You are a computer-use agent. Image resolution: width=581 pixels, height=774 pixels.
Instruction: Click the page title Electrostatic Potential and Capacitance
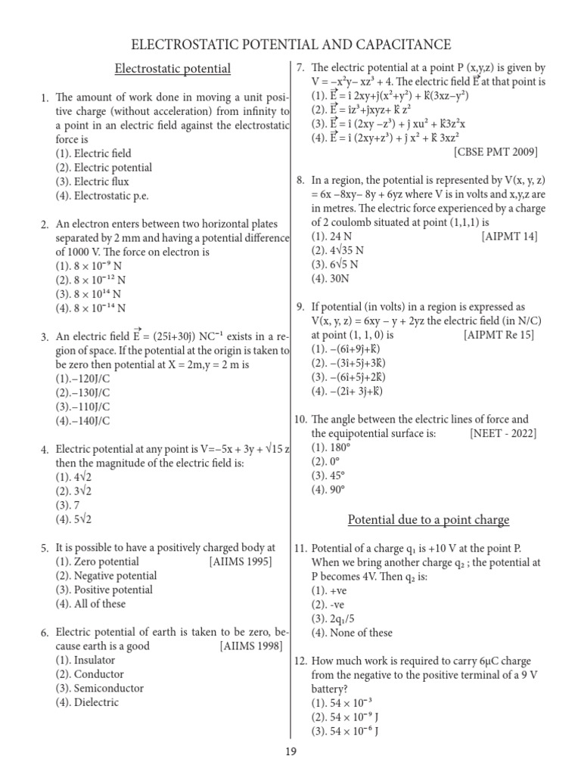click(x=291, y=45)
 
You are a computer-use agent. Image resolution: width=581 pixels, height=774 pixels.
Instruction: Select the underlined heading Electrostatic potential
click(x=172, y=70)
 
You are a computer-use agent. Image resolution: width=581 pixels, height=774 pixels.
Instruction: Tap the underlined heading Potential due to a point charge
click(x=428, y=520)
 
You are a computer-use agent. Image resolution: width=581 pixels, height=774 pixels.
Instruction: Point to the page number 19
click(x=291, y=751)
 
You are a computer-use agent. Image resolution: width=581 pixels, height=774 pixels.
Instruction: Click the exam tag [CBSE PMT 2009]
click(x=496, y=152)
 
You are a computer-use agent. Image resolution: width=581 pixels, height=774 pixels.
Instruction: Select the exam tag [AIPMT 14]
click(x=509, y=237)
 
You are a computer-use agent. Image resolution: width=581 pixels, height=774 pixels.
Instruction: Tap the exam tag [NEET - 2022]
click(x=502, y=433)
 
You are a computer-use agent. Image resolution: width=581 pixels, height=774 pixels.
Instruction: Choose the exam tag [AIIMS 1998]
click(x=251, y=646)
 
